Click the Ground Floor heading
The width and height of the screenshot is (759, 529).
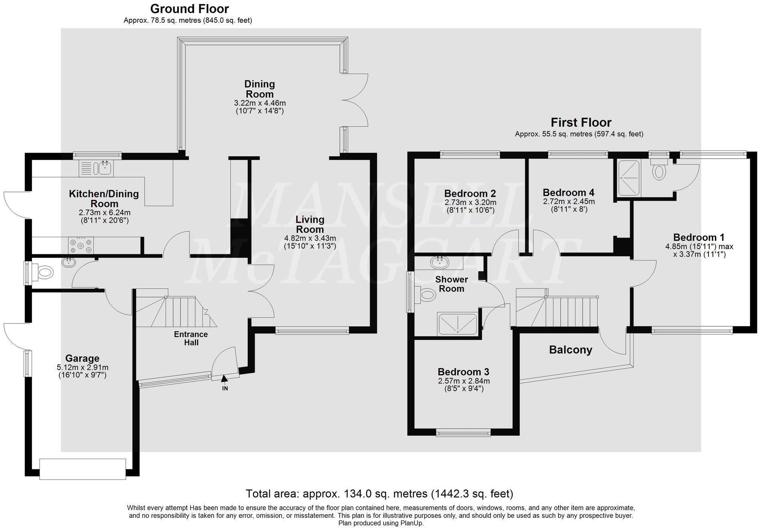pyautogui.click(x=189, y=9)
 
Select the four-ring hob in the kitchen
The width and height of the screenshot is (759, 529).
pyautogui.click(x=81, y=245)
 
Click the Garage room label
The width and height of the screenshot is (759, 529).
pyautogui.click(x=82, y=358)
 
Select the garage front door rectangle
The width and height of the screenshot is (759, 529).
pyautogui.click(x=82, y=469)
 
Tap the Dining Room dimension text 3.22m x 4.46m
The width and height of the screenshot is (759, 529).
pyautogui.click(x=260, y=103)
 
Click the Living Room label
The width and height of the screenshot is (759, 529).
pyautogui.click(x=310, y=224)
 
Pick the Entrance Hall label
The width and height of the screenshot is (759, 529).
pyautogui.click(x=191, y=338)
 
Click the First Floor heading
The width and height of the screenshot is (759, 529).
pyautogui.click(x=581, y=122)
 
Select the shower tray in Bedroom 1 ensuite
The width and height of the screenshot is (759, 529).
pyautogui.click(x=629, y=178)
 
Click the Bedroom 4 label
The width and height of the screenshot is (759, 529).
pyautogui.click(x=568, y=193)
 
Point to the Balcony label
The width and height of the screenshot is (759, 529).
pyautogui.click(x=570, y=350)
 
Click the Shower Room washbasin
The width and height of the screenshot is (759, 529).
pyautogui.click(x=439, y=263)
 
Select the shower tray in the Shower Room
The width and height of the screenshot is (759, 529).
pyautogui.click(x=458, y=323)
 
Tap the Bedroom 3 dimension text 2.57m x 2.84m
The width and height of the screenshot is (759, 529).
pyautogui.click(x=464, y=381)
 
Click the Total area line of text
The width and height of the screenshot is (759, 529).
pyautogui.click(x=379, y=494)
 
